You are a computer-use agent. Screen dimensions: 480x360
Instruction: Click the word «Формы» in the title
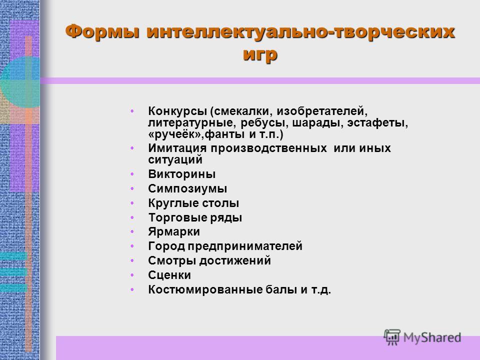[x=102, y=32]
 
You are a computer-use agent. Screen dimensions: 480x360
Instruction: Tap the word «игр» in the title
[x=260, y=55]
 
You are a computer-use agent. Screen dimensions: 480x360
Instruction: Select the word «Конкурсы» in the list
[x=177, y=111]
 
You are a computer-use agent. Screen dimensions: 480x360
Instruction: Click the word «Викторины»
[x=182, y=174]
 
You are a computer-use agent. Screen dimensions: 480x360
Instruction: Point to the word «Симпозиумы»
[x=187, y=188]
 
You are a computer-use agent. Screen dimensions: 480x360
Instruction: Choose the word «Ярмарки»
[x=174, y=231]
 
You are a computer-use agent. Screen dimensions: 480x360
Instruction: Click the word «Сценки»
[x=169, y=275]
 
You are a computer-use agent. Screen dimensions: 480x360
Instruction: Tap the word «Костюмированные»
[x=205, y=289]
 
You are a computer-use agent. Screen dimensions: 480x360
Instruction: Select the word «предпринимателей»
[x=245, y=246]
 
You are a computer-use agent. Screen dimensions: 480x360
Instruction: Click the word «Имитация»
[x=177, y=148]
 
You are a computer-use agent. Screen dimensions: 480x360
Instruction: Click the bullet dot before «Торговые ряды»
[x=132, y=217]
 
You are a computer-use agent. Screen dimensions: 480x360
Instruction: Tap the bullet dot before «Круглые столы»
[x=132, y=203]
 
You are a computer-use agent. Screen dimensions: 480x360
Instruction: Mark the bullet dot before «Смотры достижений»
[x=132, y=260]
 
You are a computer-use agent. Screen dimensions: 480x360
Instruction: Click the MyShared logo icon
[x=392, y=337]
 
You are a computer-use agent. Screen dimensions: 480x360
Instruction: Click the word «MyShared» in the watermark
[x=432, y=337]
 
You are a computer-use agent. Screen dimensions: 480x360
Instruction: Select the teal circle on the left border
[x=20, y=82]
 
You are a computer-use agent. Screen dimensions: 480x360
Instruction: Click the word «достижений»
[x=235, y=261]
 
